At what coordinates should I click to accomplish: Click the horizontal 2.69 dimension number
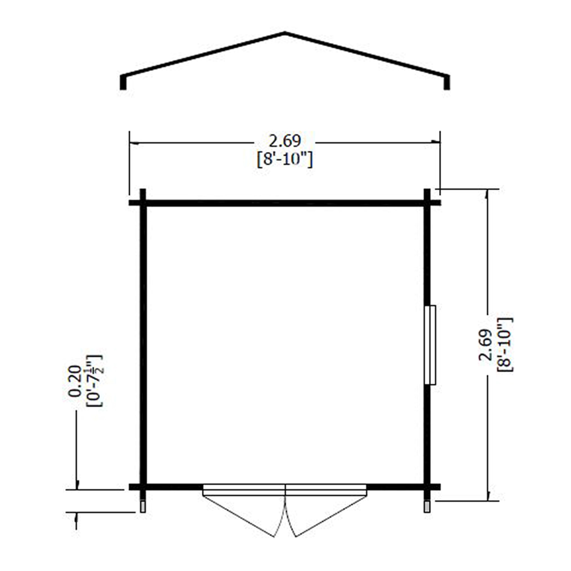285,141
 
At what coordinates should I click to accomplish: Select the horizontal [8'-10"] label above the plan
285,160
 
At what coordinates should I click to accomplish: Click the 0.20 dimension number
74,381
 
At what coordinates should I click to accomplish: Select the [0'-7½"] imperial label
94,381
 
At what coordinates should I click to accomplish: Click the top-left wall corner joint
143,203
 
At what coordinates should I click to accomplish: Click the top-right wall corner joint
427,203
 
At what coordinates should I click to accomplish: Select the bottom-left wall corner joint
143,487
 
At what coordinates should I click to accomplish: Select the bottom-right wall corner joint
427,487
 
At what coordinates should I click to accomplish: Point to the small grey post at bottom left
143,506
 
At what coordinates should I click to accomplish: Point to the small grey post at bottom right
427,506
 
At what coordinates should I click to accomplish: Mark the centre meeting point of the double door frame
285,491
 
